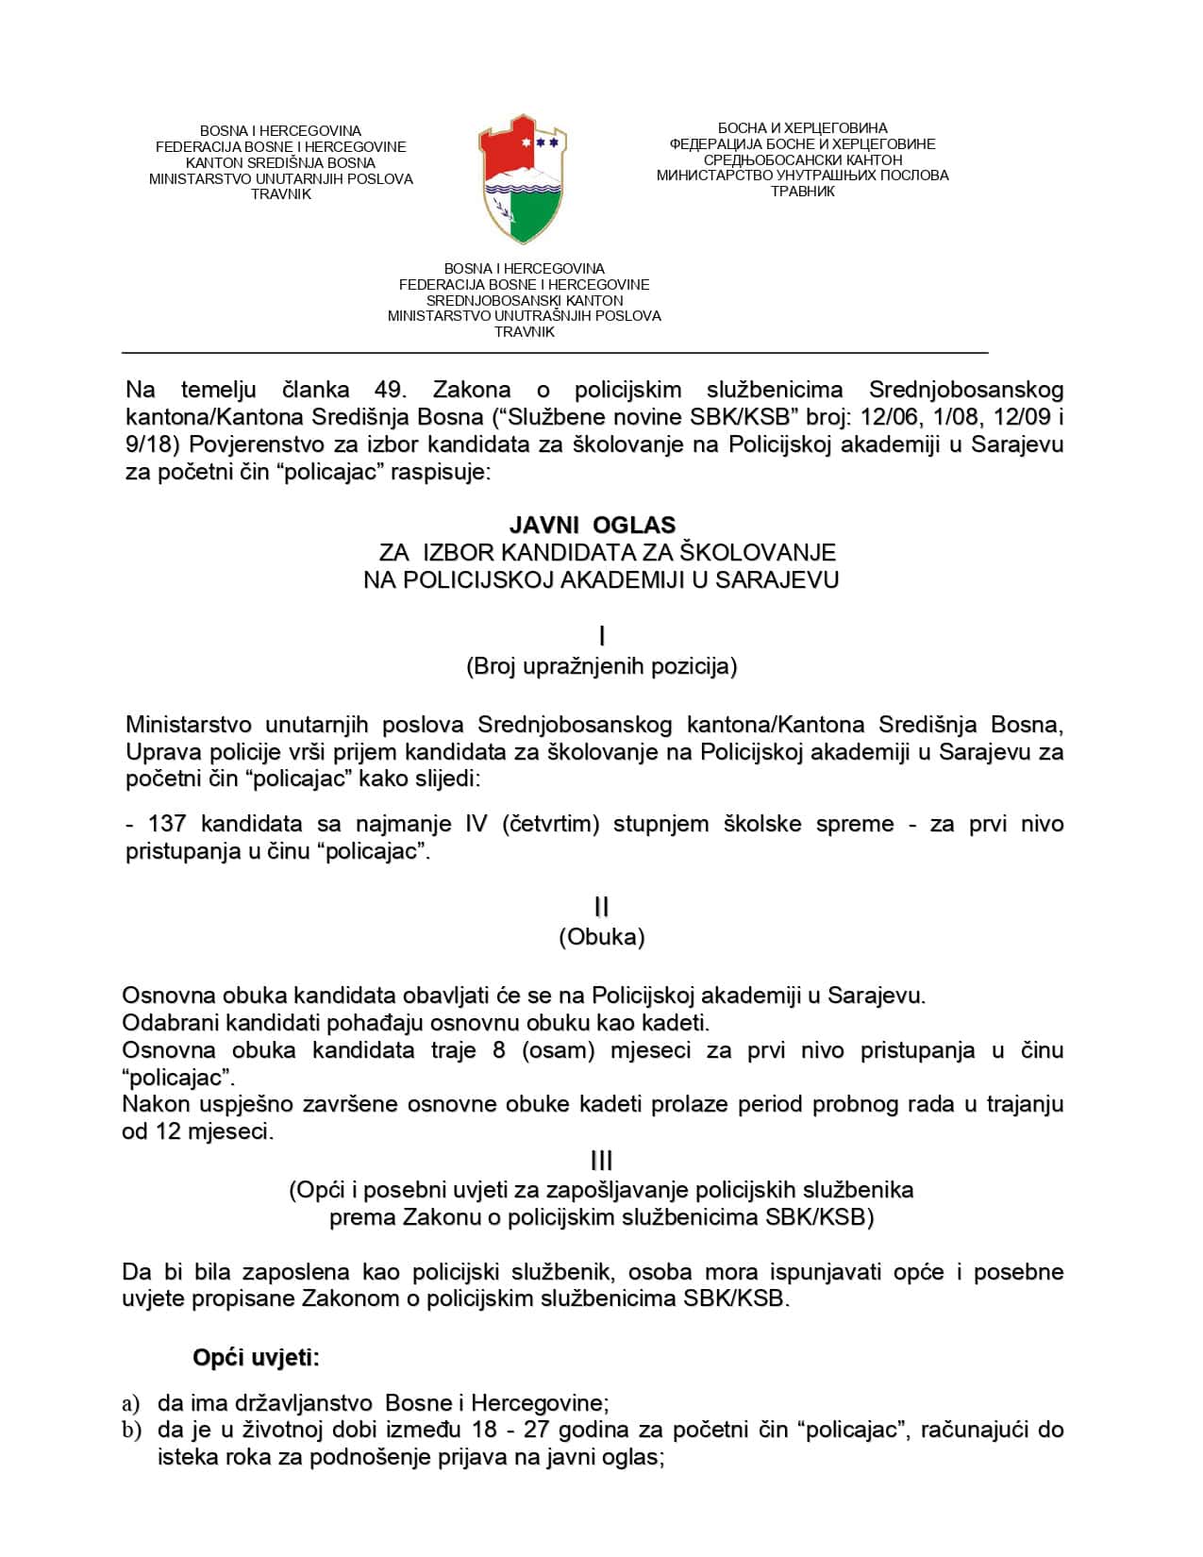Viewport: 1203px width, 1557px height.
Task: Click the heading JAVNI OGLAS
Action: pos(593,524)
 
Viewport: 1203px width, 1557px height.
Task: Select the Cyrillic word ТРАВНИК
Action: pos(802,192)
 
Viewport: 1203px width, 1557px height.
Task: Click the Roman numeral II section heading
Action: pos(601,907)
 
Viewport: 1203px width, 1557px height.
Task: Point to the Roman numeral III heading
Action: pos(601,1161)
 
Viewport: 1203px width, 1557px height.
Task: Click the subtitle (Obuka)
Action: pos(601,937)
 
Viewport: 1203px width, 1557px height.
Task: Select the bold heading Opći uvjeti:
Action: pos(256,1358)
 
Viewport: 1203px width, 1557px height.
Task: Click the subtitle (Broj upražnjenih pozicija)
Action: pos(601,666)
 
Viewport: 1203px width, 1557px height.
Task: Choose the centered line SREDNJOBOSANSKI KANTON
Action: pos(524,300)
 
